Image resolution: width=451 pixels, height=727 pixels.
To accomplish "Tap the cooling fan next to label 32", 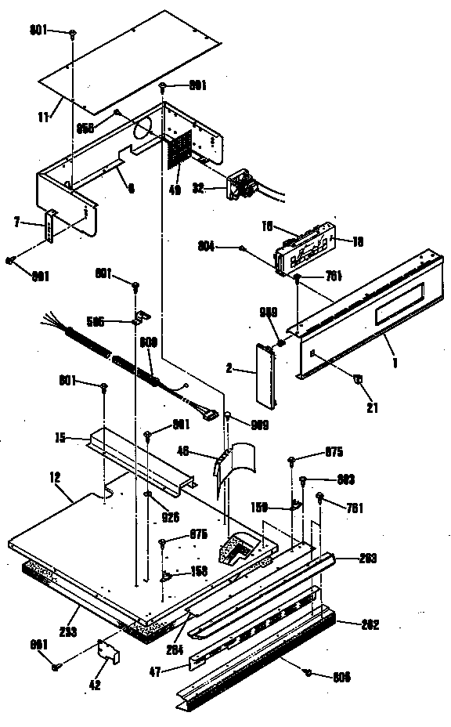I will (240, 186).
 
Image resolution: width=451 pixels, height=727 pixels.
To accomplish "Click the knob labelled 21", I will (357, 380).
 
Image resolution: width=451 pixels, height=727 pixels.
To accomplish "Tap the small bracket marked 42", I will (107, 651).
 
